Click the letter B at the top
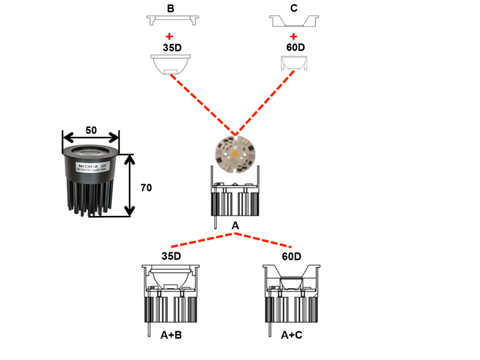(171, 9)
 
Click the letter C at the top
(293, 9)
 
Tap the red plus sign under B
(171, 37)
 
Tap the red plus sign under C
(293, 37)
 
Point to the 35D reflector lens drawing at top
(171, 64)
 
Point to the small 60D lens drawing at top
(293, 63)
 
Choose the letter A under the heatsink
(235, 226)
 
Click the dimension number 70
(146, 188)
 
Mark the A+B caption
(171, 335)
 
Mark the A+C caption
(292, 335)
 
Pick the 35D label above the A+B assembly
(171, 256)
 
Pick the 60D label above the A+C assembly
(292, 256)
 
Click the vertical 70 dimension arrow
(129, 185)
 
